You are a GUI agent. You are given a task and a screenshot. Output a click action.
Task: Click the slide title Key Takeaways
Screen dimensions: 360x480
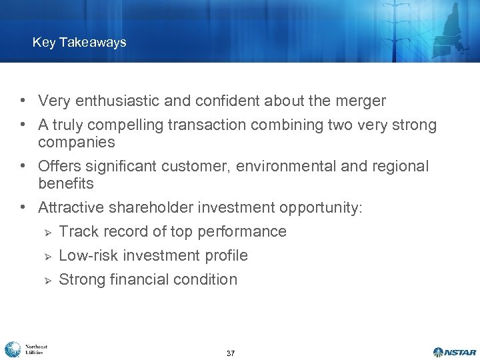(x=79, y=43)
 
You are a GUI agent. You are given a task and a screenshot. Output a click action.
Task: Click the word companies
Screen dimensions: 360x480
(x=76, y=143)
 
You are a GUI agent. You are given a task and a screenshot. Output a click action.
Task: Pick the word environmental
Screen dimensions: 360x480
(x=285, y=166)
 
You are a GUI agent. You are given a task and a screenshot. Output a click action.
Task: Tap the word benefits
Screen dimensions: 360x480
(x=66, y=183)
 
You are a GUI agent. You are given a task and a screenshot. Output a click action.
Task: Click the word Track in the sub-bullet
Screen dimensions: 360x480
(x=76, y=232)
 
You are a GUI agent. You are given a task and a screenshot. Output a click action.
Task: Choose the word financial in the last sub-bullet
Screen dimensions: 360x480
(x=139, y=280)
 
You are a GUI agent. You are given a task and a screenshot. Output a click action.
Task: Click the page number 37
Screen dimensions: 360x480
(x=231, y=353)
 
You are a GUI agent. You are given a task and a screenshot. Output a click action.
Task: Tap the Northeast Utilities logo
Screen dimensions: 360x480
(x=25, y=349)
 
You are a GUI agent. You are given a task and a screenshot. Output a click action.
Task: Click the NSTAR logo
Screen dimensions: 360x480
(x=455, y=351)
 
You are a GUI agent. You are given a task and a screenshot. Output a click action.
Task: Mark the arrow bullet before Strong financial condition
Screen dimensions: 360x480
(x=46, y=281)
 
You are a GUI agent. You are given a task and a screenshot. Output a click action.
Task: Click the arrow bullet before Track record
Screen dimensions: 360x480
(x=46, y=233)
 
